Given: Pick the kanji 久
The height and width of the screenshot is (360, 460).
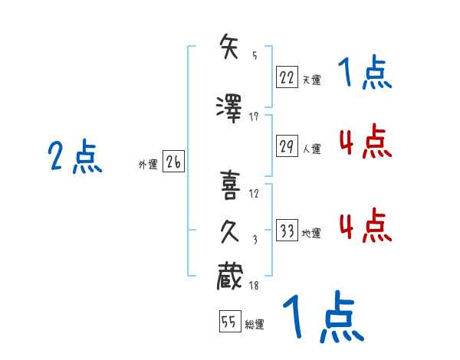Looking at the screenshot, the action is click(x=232, y=231).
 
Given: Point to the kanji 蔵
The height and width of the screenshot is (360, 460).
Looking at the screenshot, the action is click(x=232, y=276).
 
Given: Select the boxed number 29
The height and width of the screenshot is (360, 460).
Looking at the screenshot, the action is click(x=287, y=147).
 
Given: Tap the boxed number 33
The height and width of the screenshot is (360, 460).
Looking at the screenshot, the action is click(x=287, y=231).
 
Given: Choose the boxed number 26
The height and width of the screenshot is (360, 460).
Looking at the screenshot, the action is click(x=173, y=162).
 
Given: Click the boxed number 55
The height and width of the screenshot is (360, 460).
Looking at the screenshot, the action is click(x=229, y=322).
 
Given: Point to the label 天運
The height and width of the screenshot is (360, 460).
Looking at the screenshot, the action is click(x=311, y=78).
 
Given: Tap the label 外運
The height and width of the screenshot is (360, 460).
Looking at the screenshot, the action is click(x=147, y=164).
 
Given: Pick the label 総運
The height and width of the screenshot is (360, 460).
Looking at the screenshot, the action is click(x=255, y=325).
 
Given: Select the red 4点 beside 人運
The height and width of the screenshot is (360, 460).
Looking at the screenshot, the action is click(x=365, y=142).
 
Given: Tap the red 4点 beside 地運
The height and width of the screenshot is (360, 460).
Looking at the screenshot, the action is click(x=365, y=226).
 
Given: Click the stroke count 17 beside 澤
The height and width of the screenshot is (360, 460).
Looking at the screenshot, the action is click(x=255, y=116).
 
